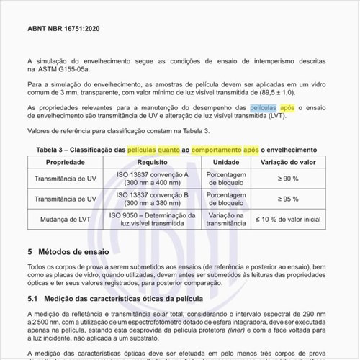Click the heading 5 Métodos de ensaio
pos(68,253)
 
